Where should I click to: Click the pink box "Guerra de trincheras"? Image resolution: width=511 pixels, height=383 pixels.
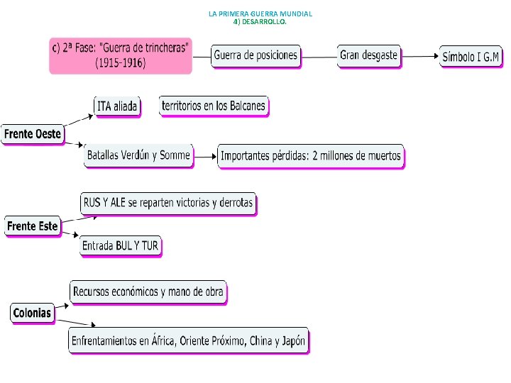[x=121, y=55]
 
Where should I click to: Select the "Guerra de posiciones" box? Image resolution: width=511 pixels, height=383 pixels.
[x=255, y=56]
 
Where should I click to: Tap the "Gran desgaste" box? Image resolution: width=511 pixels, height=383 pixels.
[x=369, y=55]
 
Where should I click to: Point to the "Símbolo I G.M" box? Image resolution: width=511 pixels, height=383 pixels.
[x=471, y=57]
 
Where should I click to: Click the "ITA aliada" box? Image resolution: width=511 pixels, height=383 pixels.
[x=117, y=106]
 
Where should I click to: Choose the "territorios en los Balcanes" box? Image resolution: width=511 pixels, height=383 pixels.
[x=214, y=106]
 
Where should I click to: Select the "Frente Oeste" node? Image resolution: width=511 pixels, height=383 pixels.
[x=33, y=134]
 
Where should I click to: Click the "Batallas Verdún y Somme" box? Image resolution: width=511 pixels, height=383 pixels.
[x=138, y=156]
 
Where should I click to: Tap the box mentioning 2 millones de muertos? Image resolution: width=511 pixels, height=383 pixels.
[x=310, y=157]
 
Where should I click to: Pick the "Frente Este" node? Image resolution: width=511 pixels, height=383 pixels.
[x=32, y=227]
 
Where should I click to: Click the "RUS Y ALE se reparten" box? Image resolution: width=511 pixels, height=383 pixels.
[x=167, y=204]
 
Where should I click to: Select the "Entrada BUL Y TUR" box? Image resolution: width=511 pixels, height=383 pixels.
[x=121, y=246]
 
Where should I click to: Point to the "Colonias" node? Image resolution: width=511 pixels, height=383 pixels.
[x=33, y=313]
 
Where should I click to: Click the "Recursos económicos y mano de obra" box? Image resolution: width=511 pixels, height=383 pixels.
[x=148, y=292]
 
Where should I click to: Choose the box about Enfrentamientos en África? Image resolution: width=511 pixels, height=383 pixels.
[x=188, y=341]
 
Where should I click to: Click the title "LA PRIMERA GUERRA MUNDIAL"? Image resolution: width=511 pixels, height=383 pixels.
[x=260, y=13]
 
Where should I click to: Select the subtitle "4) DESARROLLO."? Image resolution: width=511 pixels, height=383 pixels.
[x=260, y=21]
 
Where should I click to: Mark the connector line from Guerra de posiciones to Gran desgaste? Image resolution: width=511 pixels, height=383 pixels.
[x=319, y=56]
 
